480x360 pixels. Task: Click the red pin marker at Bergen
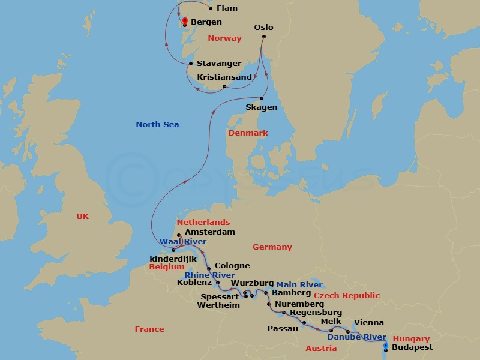(x=185, y=22)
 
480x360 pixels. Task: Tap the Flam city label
(x=227, y=8)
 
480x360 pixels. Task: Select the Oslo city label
(x=263, y=28)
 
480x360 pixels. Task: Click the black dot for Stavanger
(x=191, y=64)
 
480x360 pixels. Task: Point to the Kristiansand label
(x=224, y=77)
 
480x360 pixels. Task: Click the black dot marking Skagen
(x=262, y=98)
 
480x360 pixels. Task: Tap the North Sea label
(x=157, y=125)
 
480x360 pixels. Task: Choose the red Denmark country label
(x=247, y=133)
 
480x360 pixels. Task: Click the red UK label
(x=82, y=217)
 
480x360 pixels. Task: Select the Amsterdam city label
(x=209, y=232)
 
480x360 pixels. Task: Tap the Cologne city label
(x=232, y=266)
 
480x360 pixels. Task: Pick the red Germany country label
(x=272, y=247)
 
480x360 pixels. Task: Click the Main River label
(x=299, y=285)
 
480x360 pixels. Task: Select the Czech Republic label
(x=346, y=296)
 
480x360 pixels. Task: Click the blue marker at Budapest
(x=385, y=346)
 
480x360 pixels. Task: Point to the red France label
(x=149, y=329)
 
